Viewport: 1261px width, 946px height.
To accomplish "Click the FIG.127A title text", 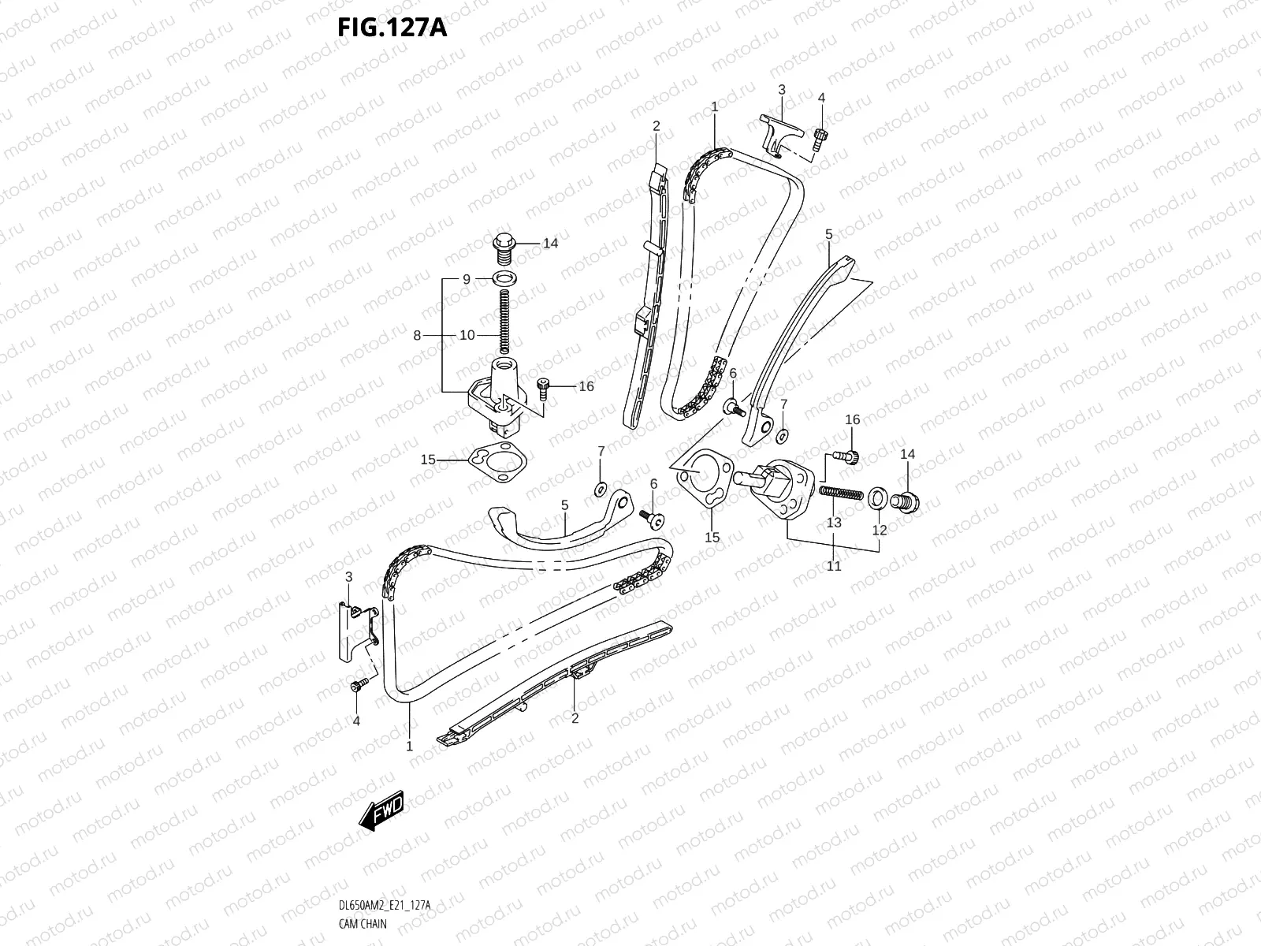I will [392, 28].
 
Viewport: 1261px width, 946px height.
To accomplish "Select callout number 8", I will [418, 335].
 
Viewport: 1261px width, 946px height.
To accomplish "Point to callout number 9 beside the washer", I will [467, 279].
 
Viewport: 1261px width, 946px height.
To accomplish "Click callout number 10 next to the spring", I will [467, 335].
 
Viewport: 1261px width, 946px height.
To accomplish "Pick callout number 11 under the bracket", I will [834, 565].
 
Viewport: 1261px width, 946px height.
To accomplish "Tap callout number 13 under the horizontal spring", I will [834, 522].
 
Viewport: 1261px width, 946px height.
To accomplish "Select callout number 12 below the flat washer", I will [880, 531].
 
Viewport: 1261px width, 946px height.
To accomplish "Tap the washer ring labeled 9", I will [503, 278].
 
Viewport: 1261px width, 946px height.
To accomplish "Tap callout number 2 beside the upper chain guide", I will [656, 126].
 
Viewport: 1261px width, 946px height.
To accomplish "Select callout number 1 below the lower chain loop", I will [410, 745].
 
